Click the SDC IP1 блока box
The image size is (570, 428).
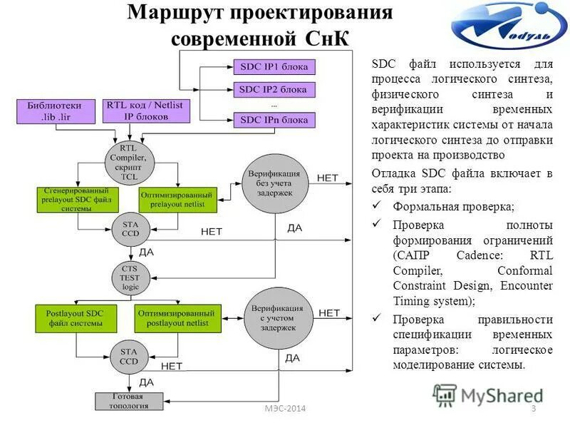tap(274, 68)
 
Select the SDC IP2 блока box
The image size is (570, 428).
tap(274, 90)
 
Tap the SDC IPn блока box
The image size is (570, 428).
tap(274, 120)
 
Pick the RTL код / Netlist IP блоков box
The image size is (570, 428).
tap(145, 110)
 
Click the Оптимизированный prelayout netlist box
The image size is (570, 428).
tap(177, 199)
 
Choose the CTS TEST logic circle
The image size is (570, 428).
tap(130, 276)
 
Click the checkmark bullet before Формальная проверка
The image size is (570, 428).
tap(378, 207)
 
